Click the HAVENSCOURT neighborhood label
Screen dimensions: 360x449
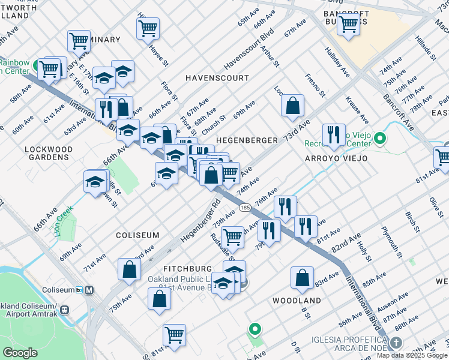(217, 78)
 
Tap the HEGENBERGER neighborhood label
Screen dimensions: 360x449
(246, 140)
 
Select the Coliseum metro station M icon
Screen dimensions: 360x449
(89, 290)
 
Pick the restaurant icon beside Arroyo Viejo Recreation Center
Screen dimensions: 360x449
(333, 134)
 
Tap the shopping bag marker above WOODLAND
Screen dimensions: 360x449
(302, 278)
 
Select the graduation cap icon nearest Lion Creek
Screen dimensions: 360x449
(95, 181)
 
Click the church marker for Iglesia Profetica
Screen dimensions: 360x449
(394, 343)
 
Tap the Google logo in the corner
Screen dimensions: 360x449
(20, 353)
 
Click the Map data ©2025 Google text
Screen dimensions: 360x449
(411, 355)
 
